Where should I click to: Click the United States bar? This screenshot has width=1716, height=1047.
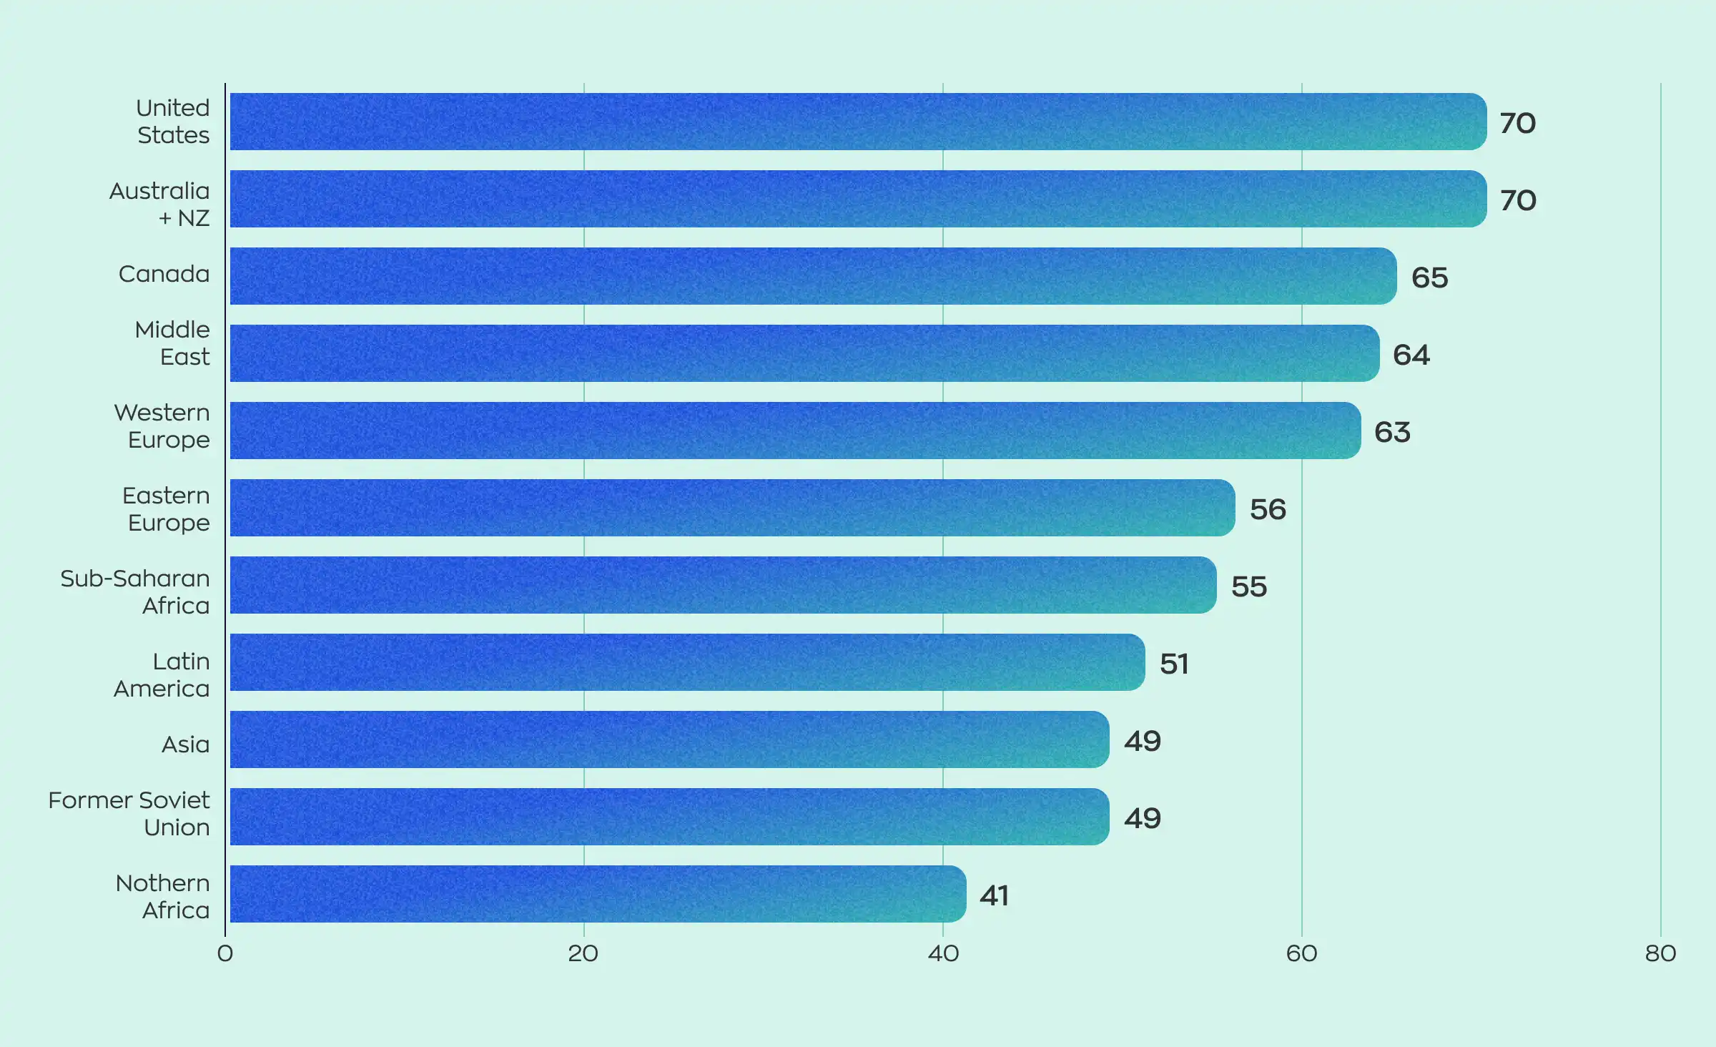pos(858,122)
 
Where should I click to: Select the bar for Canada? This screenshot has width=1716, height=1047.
pos(813,276)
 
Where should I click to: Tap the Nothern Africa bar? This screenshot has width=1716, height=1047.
pos(598,894)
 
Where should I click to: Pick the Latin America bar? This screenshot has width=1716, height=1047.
pos(687,662)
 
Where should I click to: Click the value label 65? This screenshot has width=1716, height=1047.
pos(1429,277)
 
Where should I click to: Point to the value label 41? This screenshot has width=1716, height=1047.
pos(994,895)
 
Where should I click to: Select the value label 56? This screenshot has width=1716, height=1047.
pos(1268,509)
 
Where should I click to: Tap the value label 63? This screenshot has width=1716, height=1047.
pos(1392,432)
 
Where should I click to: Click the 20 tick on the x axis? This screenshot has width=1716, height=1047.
pos(583,953)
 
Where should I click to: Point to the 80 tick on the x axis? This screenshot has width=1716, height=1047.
pos(1660,953)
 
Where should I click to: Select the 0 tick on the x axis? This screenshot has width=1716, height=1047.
pos(225,953)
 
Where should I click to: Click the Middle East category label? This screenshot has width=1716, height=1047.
pos(172,343)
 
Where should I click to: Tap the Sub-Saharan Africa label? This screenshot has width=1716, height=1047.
pos(135,592)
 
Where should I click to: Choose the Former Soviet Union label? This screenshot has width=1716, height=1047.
pos(129,814)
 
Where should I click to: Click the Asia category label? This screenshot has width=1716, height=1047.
pos(185,744)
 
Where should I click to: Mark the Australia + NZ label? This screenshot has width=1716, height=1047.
pos(159,205)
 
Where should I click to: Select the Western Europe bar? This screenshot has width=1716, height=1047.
pos(795,431)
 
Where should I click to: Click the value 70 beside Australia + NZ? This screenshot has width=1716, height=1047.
pos(1518,200)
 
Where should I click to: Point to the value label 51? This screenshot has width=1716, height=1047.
pos(1174,664)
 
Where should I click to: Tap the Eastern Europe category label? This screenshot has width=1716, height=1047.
pos(166,509)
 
